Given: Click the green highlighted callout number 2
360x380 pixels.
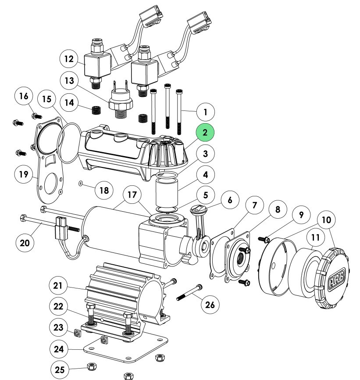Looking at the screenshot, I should [206, 132].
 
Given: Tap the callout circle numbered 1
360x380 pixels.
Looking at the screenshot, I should [206, 111].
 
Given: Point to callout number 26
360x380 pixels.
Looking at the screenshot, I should [210, 304].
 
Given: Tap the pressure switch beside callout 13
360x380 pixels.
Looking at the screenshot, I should [119, 102].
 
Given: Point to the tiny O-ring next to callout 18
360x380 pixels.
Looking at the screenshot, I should [81, 182].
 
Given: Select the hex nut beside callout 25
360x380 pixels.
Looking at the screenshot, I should [93, 365].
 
